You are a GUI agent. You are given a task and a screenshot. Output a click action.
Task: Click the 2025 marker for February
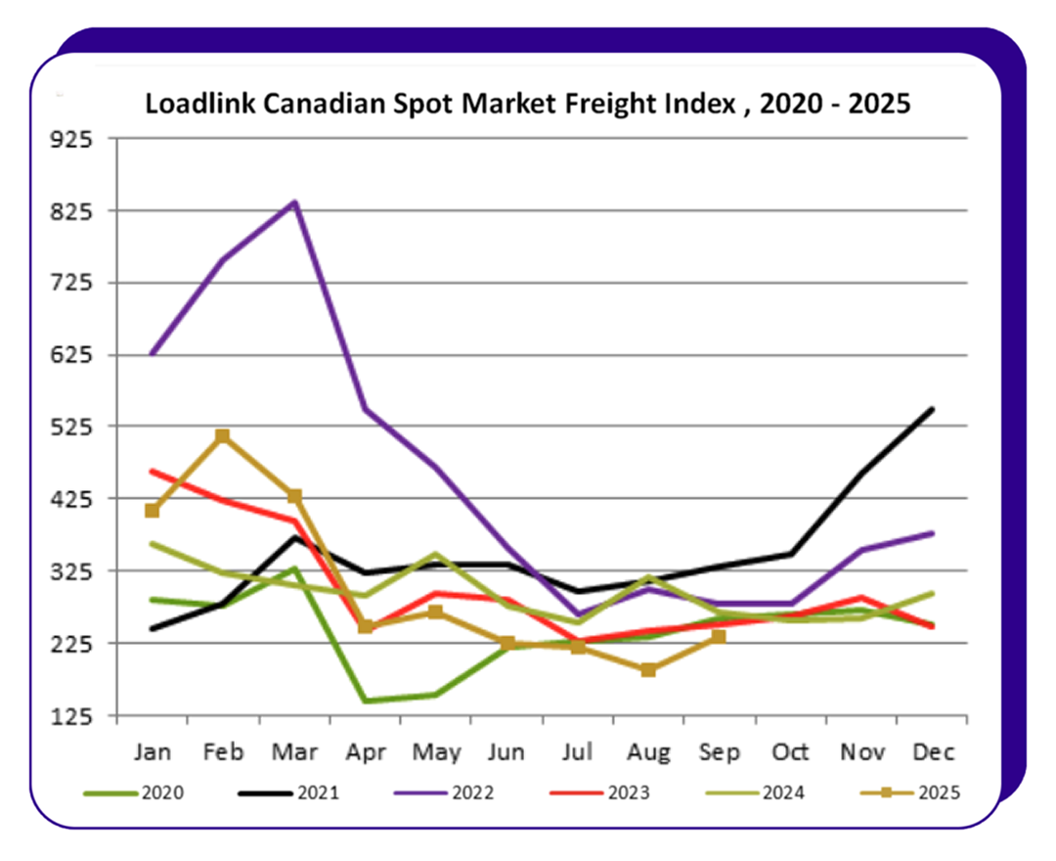click(x=223, y=436)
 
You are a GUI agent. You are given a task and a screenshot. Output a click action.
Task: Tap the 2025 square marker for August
click(x=647, y=670)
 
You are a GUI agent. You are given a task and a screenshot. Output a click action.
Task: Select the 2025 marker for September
click(x=719, y=637)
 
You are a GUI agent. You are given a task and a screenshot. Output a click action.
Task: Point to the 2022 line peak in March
click(x=294, y=203)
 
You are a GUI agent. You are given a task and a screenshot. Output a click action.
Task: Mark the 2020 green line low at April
click(x=365, y=701)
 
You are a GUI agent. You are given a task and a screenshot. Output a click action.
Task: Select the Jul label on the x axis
click(x=577, y=752)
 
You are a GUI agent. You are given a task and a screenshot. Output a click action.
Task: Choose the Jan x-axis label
click(x=152, y=752)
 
